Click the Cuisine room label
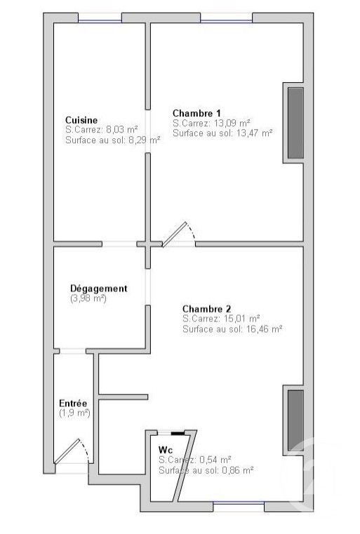click(x=81, y=120)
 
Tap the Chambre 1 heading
click(x=197, y=113)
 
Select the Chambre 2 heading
click(x=207, y=308)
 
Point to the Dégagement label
click(x=98, y=288)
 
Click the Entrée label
click(x=73, y=403)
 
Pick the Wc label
click(x=166, y=449)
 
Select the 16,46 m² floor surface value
click(x=264, y=328)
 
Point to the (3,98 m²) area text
click(x=88, y=298)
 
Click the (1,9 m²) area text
click(x=74, y=413)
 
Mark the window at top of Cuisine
click(x=99, y=19)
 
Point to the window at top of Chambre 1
click(x=226, y=19)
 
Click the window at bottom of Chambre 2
click(x=239, y=503)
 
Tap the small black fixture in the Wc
click(x=178, y=434)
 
